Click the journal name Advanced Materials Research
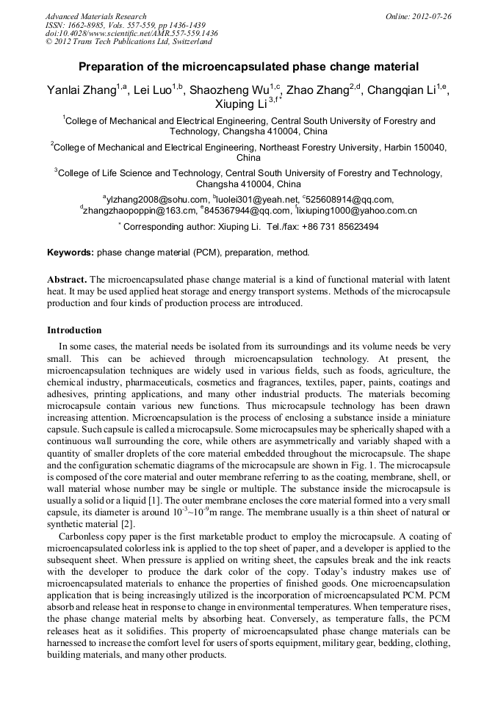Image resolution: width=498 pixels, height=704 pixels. point(95,16)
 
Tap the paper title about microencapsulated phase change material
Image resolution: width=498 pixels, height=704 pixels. point(248,67)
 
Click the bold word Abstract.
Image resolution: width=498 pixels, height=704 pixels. point(67,280)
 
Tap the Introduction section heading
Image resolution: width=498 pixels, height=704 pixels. point(74,330)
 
